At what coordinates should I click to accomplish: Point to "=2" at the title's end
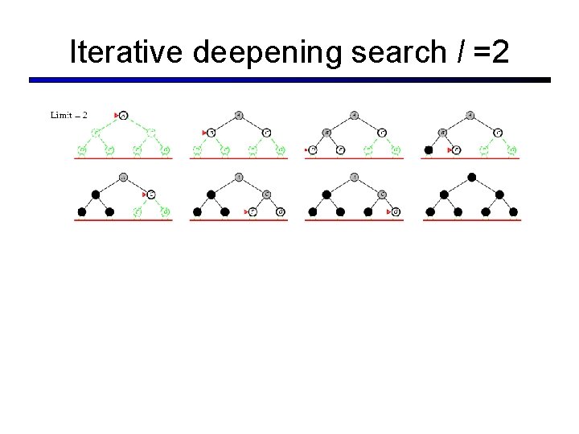(x=488, y=52)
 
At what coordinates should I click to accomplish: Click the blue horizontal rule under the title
(x=289, y=80)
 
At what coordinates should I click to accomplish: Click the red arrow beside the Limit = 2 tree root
(x=117, y=116)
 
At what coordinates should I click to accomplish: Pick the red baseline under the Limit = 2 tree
(x=123, y=159)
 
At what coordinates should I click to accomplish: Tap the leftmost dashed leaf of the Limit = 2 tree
(x=81, y=149)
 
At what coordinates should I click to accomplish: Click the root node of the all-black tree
(x=472, y=178)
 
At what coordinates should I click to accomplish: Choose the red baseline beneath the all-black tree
(x=472, y=220)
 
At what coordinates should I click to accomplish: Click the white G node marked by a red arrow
(x=395, y=212)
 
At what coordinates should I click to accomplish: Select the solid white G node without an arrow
(x=280, y=212)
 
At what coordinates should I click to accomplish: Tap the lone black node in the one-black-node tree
(x=429, y=149)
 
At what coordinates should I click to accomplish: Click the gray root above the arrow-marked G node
(x=355, y=178)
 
